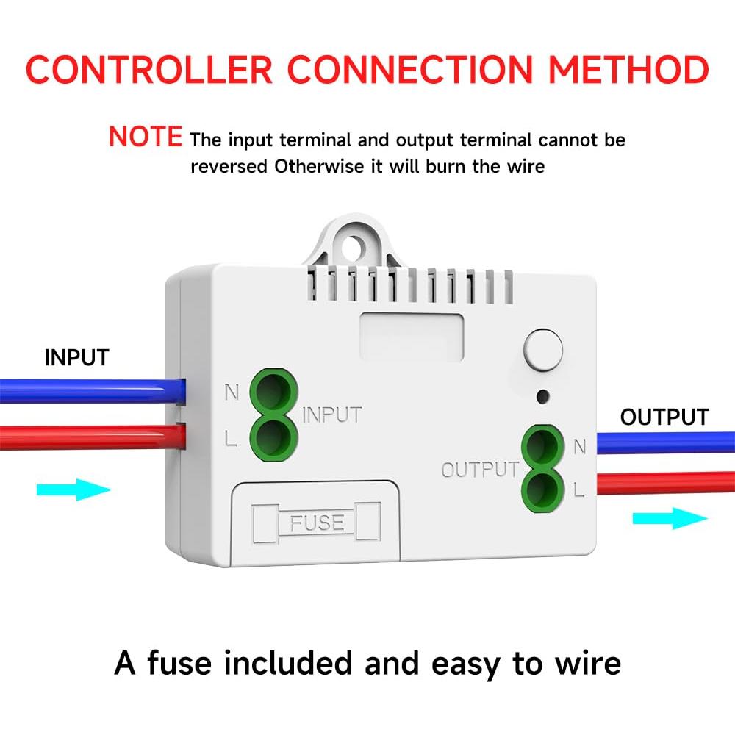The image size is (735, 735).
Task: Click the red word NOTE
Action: click(145, 137)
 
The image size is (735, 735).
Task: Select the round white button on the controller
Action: click(542, 350)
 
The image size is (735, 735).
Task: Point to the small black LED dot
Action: click(542, 397)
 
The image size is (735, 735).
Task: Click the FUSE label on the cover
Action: click(317, 523)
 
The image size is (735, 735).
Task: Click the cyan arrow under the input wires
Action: click(73, 489)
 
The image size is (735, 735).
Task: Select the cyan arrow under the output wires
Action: click(670, 519)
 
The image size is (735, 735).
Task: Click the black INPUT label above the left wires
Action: click(76, 358)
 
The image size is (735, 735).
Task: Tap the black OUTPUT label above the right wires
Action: click(664, 417)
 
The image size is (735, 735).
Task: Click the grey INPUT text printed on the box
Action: click(332, 415)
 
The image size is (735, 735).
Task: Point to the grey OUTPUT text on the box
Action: click(480, 470)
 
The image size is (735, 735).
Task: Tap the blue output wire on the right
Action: click(661, 442)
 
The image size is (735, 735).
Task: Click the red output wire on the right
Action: click(661, 483)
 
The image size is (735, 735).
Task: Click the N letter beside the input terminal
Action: click(232, 392)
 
